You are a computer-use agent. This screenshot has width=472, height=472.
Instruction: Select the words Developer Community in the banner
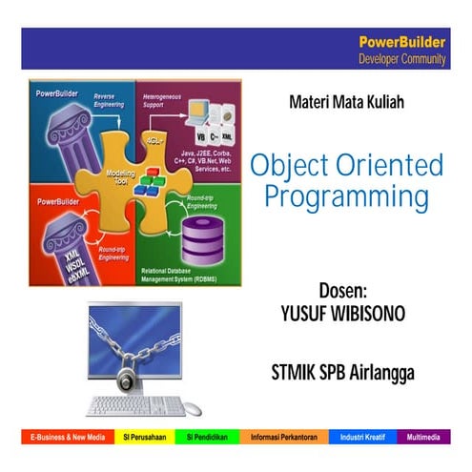coord(401,58)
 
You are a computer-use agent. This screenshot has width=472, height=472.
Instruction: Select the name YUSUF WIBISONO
coord(340,311)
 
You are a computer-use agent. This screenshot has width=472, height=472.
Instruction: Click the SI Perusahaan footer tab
coord(144,438)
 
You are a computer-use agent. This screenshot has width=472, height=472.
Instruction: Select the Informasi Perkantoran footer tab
coord(285,438)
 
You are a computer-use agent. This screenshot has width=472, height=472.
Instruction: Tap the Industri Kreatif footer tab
coord(365,438)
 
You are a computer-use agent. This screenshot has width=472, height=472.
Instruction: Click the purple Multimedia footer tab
coord(423,438)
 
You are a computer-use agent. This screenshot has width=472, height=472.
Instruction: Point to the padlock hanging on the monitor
coord(127,379)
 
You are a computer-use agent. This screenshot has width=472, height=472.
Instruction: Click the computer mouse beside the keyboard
coord(193,408)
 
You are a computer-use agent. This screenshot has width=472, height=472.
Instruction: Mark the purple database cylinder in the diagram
coord(199,235)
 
